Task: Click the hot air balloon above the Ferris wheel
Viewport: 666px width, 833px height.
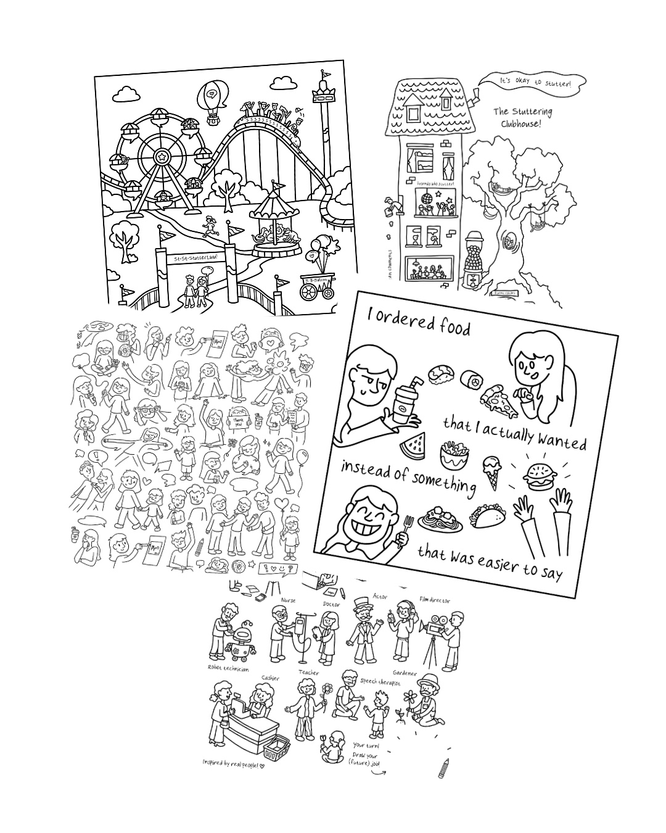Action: click(x=211, y=99)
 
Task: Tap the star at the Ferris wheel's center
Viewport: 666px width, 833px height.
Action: click(x=162, y=157)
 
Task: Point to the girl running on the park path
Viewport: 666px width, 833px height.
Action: click(x=212, y=226)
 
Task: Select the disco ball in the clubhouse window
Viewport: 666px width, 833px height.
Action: click(x=425, y=198)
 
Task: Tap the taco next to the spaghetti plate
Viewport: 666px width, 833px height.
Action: click(x=484, y=516)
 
